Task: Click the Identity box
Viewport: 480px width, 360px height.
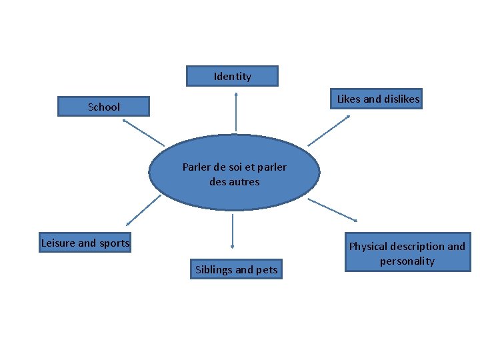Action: pos(232,76)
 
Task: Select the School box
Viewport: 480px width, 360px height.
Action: pos(103,107)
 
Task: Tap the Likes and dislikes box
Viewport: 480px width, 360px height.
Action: pos(378,99)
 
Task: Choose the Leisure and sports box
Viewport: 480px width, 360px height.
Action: pos(85,243)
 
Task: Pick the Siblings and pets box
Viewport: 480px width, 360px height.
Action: pos(236,269)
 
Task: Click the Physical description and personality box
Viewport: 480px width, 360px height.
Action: pos(407,253)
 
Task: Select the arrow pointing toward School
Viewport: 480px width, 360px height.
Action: pos(143,133)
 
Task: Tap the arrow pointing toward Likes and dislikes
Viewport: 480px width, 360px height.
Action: pos(329,130)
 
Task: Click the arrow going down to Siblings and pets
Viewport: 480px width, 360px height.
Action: pos(232,231)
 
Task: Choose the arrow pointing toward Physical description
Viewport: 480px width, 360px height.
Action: pos(333,210)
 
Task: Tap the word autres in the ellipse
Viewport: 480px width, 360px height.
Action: pos(245,181)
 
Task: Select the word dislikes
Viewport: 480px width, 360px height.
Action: pos(399,99)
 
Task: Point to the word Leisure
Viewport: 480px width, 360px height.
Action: pos(58,243)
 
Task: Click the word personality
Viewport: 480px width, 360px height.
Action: pos(407,261)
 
